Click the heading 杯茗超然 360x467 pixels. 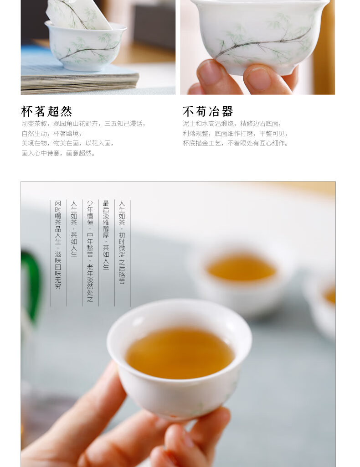(x=47, y=112)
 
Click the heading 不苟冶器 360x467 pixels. (x=208, y=112)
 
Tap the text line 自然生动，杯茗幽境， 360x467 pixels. (x=52, y=134)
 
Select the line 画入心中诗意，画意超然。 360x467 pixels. (x=59, y=153)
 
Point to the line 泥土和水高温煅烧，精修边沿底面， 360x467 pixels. (x=232, y=124)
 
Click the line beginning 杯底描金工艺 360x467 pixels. (x=236, y=143)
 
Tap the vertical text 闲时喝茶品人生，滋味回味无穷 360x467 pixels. (x=58, y=245)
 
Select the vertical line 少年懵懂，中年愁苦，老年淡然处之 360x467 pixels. (x=90, y=251)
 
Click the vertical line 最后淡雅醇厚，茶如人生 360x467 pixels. (x=106, y=235)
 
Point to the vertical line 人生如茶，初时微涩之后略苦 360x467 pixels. (x=122, y=242)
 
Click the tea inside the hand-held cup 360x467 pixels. (x=180, y=353)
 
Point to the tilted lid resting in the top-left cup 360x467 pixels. (x=78, y=14)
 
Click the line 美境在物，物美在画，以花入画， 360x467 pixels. (x=68, y=143)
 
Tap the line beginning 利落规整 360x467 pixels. (x=235, y=134)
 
